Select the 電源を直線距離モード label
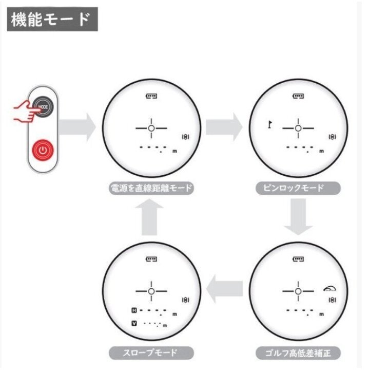coord(151,188)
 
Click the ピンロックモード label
coord(298,188)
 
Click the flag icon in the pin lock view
coord(268,124)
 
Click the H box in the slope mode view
coord(134,310)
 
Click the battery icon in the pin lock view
coord(298,96)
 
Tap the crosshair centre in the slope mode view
coord(151,291)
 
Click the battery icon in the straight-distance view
coord(151,96)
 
